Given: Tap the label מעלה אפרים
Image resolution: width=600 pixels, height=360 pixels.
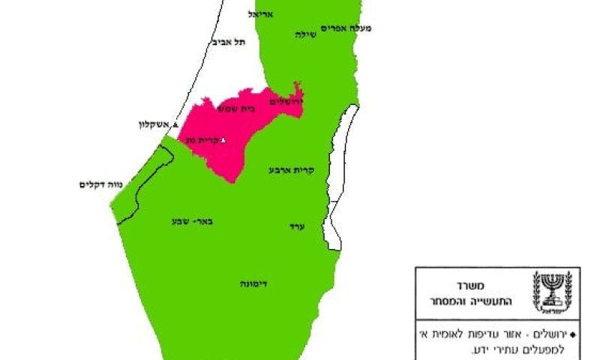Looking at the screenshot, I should (x=346, y=28).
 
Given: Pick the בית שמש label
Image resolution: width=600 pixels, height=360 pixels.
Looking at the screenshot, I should (x=235, y=109).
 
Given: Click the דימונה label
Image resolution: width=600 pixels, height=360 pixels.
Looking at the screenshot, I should (x=256, y=284).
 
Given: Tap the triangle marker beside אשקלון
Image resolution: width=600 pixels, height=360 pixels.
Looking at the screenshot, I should (x=175, y=125).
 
